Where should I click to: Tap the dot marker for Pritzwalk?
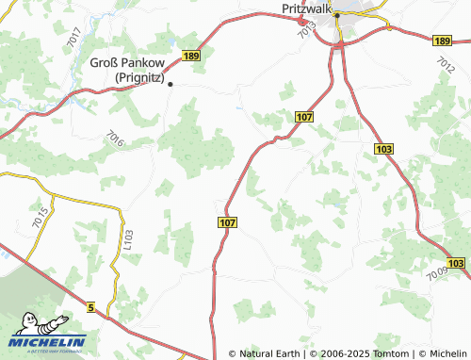pos(336,14)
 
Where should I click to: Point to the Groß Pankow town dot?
pos(171,83)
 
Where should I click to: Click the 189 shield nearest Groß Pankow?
pos(192,57)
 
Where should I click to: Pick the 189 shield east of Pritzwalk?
pos(444,41)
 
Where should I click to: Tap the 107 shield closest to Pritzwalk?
pos(302,116)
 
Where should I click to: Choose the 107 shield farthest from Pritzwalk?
pos(227,221)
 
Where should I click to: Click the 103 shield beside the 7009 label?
pos(457,263)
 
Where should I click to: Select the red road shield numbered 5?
pos(90,307)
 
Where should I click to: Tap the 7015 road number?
pos(39,216)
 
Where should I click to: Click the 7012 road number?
pos(445,64)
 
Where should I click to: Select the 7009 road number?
pos(436,274)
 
